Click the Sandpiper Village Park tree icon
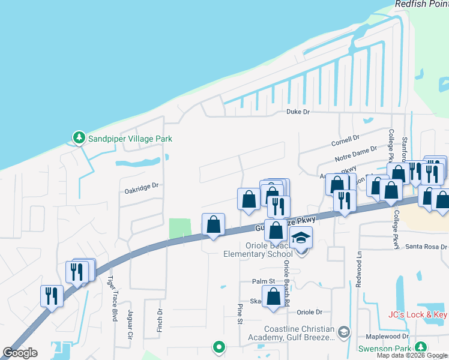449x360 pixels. click(x=79, y=139)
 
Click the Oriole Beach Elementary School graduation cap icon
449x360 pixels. click(x=301, y=238)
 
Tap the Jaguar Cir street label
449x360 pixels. click(x=129, y=325)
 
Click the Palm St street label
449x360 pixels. click(x=263, y=281)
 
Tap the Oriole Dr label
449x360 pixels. click(x=310, y=312)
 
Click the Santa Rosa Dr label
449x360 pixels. click(x=426, y=247)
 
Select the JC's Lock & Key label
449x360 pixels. click(x=418, y=314)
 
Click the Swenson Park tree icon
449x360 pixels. click(x=421, y=347)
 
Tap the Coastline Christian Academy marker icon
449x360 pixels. click(x=343, y=332)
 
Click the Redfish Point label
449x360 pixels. click(x=421, y=4)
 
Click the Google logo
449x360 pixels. click(x=20, y=352)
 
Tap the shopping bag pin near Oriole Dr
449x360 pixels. click(x=274, y=296)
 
